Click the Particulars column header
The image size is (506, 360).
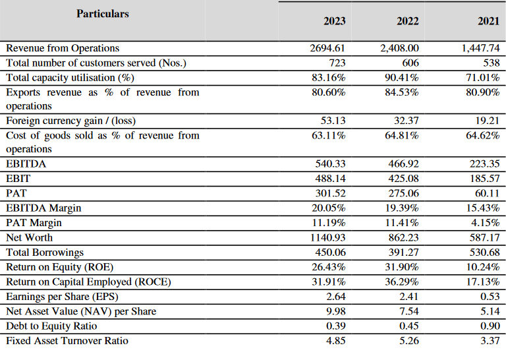(x=103, y=13)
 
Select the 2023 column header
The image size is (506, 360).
(x=334, y=21)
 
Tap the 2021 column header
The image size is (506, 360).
(x=488, y=21)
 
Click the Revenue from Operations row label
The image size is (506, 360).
(x=63, y=48)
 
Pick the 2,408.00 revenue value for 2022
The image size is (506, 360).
(x=399, y=48)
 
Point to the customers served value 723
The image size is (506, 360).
(x=337, y=63)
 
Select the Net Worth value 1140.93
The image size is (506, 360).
(x=327, y=237)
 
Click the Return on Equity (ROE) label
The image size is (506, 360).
(x=59, y=267)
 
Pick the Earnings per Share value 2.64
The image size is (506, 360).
(x=335, y=297)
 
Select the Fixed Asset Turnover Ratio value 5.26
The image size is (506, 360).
(x=408, y=341)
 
